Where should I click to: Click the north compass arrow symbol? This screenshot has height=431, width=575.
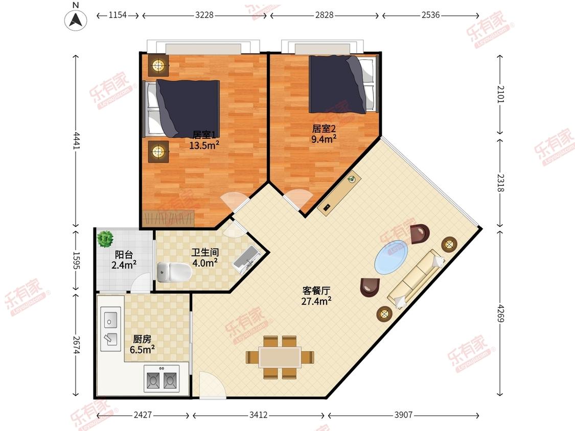point(76,19)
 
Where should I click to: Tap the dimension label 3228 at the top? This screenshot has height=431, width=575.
point(204,15)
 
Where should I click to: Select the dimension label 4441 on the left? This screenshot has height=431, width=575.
point(76,140)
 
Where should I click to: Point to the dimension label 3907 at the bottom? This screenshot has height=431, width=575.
point(403,415)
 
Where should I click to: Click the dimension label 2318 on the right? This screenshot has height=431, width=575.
point(501,182)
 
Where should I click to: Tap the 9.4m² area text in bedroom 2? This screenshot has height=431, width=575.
point(324,139)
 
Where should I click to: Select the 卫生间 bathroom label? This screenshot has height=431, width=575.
point(205,252)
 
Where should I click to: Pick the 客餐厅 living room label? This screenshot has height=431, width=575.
point(316,291)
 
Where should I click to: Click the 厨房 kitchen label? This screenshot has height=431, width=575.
point(142,339)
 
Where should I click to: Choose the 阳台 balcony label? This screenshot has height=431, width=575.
point(124,254)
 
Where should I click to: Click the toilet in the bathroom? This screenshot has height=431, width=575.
point(174,272)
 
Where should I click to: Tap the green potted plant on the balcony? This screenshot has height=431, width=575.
point(105,239)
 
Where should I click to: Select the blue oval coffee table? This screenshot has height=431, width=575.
point(392,257)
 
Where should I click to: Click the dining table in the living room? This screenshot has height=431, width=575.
point(280,357)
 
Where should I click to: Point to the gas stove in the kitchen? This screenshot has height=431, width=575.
point(162,378)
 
